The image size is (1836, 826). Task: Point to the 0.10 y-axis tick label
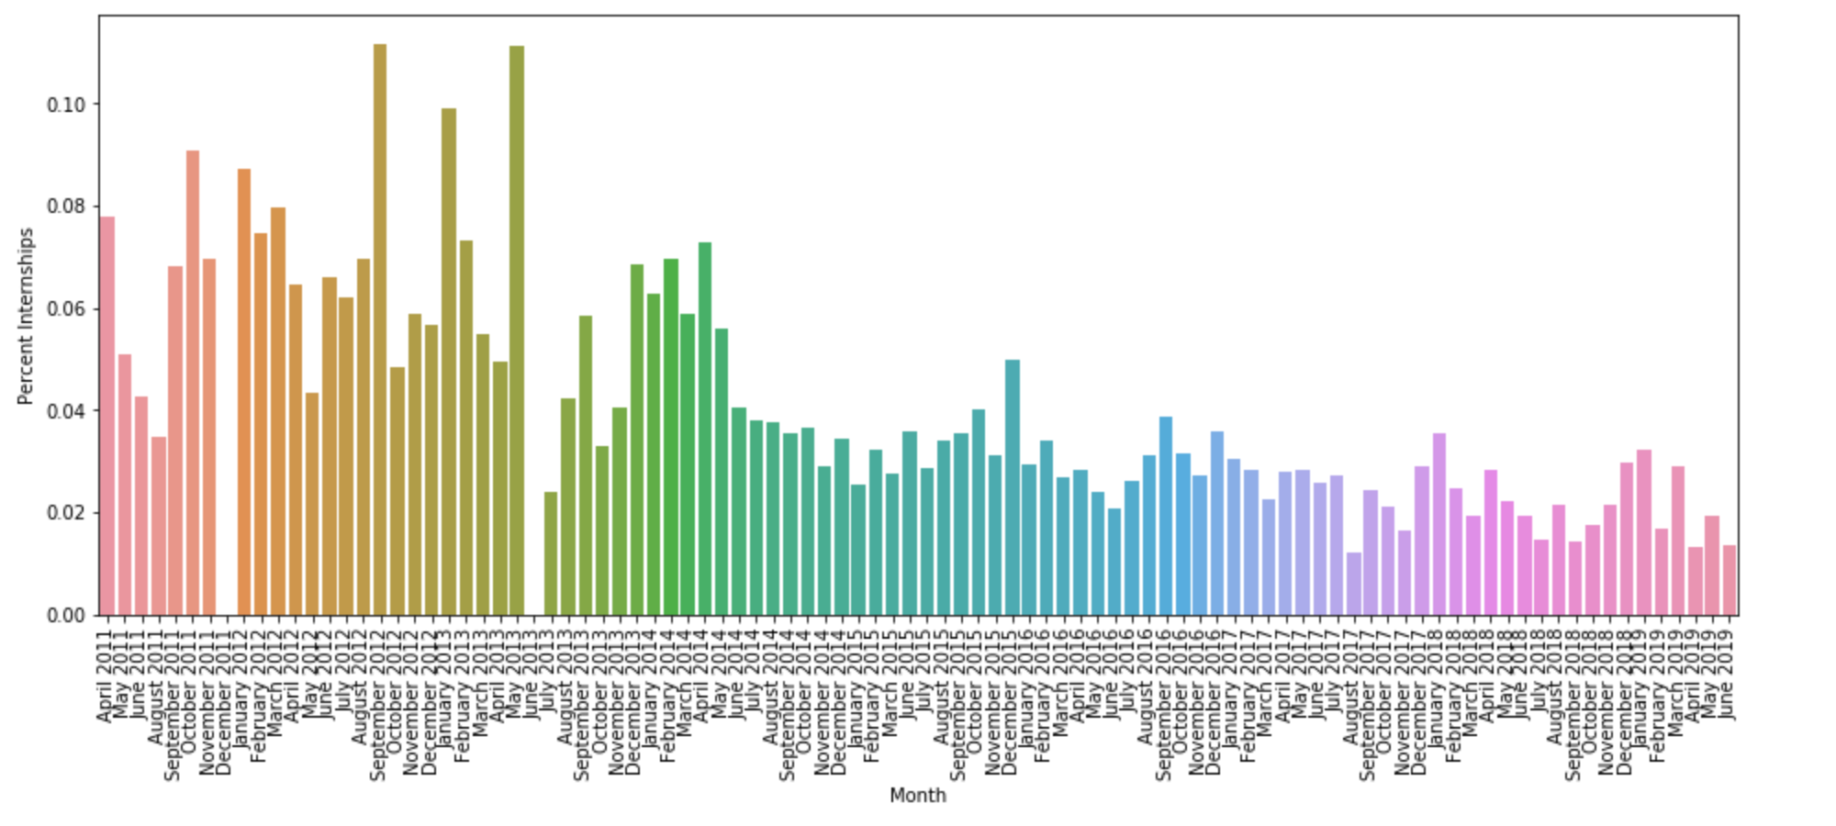pos(66,105)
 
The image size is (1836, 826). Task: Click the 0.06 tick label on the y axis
pos(66,309)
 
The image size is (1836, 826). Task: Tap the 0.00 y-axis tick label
pos(66,615)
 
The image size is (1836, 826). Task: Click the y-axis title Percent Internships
pos(26,316)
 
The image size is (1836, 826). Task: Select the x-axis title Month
pos(917,796)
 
